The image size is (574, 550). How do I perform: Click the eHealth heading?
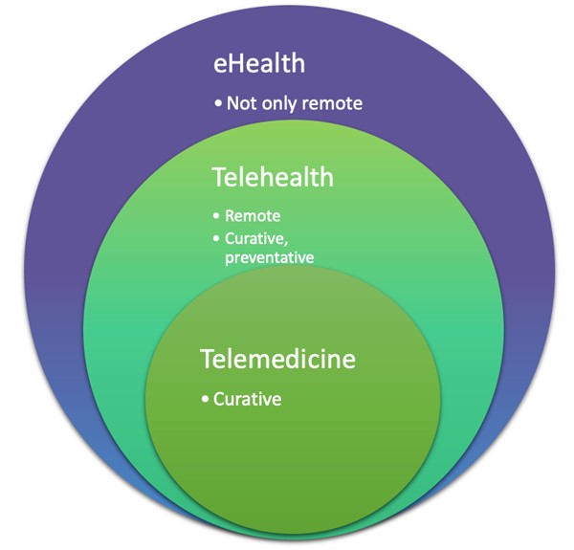click(x=258, y=65)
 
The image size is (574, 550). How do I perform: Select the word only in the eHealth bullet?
click(x=277, y=102)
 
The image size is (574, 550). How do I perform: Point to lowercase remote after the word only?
click(x=331, y=102)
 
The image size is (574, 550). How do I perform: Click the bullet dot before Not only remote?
click(x=218, y=102)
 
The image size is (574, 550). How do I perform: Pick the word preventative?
click(x=270, y=256)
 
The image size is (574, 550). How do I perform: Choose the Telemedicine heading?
click(x=277, y=360)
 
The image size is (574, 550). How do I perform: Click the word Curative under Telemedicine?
click(x=248, y=398)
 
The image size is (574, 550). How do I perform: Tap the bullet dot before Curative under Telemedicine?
click(x=206, y=398)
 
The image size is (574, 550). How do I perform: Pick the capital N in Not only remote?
click(x=232, y=102)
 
